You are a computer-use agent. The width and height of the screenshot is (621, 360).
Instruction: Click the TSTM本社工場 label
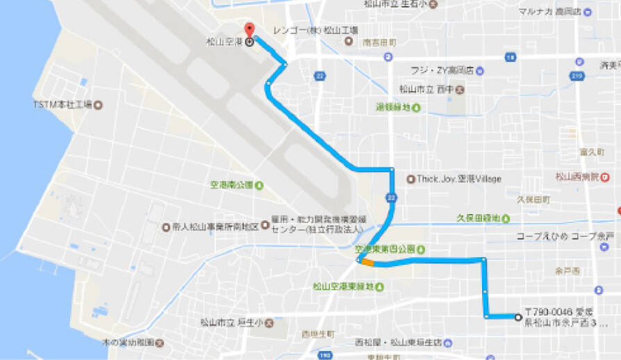63,105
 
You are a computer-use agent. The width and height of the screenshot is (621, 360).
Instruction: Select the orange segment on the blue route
367,263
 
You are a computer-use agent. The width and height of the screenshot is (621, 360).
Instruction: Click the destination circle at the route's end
517,317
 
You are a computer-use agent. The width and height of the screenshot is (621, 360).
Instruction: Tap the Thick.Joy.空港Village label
458,179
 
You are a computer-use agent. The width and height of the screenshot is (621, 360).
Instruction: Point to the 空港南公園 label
232,186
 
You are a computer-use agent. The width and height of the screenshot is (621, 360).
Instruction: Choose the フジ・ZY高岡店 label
442,70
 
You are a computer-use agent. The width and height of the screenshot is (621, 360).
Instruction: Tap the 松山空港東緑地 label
343,286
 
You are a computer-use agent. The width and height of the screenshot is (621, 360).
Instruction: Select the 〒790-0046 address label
566,319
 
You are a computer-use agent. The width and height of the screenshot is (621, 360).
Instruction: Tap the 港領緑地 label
393,107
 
